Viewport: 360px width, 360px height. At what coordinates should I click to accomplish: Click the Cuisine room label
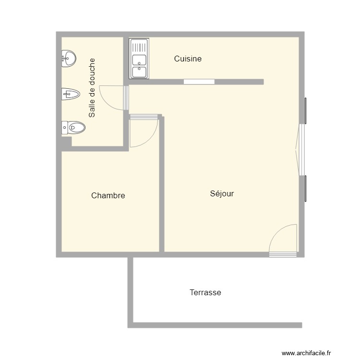click(x=188, y=59)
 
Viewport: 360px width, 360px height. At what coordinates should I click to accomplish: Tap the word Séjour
click(x=222, y=194)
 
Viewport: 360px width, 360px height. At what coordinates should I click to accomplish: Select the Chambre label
click(x=108, y=196)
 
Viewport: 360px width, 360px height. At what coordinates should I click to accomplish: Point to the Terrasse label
click(x=205, y=292)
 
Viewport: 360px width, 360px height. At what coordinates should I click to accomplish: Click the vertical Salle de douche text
click(x=92, y=88)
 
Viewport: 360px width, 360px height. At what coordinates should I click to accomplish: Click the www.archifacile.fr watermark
click(x=306, y=353)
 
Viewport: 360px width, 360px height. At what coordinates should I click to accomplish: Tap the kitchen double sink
click(x=139, y=66)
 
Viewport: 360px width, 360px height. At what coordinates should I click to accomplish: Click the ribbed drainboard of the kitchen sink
click(x=139, y=47)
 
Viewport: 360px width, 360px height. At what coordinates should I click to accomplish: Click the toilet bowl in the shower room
click(x=76, y=128)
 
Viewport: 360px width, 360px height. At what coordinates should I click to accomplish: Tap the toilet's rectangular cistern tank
click(x=64, y=128)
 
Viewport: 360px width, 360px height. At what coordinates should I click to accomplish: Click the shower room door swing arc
click(x=109, y=98)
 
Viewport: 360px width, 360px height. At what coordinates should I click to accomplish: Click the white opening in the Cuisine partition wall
click(x=199, y=82)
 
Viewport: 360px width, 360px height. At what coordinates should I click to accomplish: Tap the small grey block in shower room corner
click(x=66, y=141)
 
